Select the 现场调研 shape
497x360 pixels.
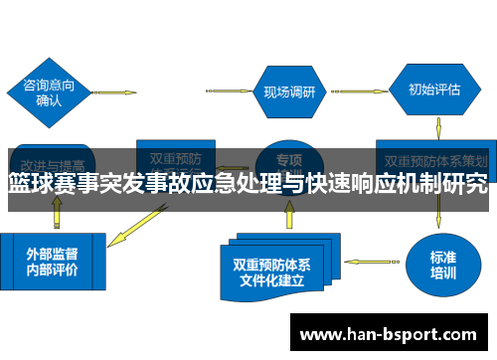click(x=288, y=92)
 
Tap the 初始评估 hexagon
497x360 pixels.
click(x=434, y=89)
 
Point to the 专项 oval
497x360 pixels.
click(x=288, y=158)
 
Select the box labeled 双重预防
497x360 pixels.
click(x=176, y=158)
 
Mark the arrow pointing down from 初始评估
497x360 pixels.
click(x=438, y=127)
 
